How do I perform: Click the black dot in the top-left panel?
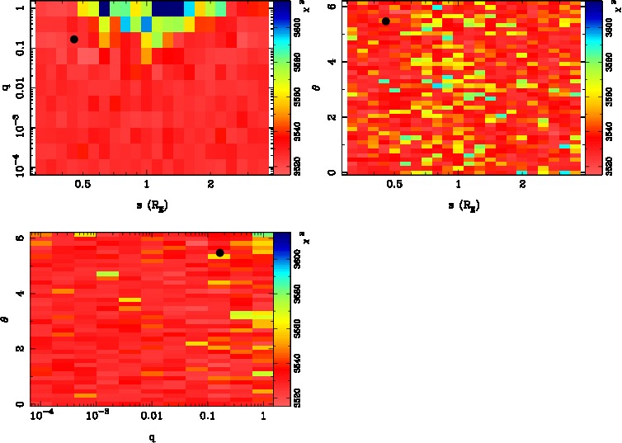pos(74,39)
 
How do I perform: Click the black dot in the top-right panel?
pos(385,21)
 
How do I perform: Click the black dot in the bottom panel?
pos(219,253)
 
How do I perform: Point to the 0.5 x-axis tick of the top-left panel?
pos(82,185)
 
